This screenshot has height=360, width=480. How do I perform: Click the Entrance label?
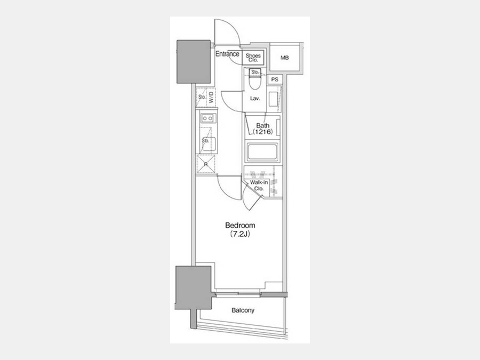[x=227, y=54]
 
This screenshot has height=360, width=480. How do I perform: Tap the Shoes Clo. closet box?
[x=253, y=58]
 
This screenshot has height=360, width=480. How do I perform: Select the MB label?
[x=285, y=58]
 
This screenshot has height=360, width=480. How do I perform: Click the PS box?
[x=275, y=79]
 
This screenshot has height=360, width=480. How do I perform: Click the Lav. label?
[x=255, y=99]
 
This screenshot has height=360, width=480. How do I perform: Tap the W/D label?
[x=211, y=98]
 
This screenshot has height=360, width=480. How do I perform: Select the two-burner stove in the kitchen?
[x=207, y=118]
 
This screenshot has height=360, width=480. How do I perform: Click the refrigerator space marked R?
[x=206, y=164]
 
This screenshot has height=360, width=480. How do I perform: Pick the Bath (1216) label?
[x=262, y=129]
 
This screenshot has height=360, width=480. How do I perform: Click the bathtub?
[x=262, y=152]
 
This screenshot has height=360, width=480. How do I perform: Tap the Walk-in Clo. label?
[x=259, y=186]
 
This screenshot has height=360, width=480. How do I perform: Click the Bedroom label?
[x=240, y=225]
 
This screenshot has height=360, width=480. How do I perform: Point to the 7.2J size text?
[x=240, y=235]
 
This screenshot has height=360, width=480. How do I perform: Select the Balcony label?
[x=243, y=310]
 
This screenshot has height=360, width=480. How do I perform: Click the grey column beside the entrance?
[x=194, y=62]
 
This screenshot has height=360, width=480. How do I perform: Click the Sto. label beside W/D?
[x=202, y=98]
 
